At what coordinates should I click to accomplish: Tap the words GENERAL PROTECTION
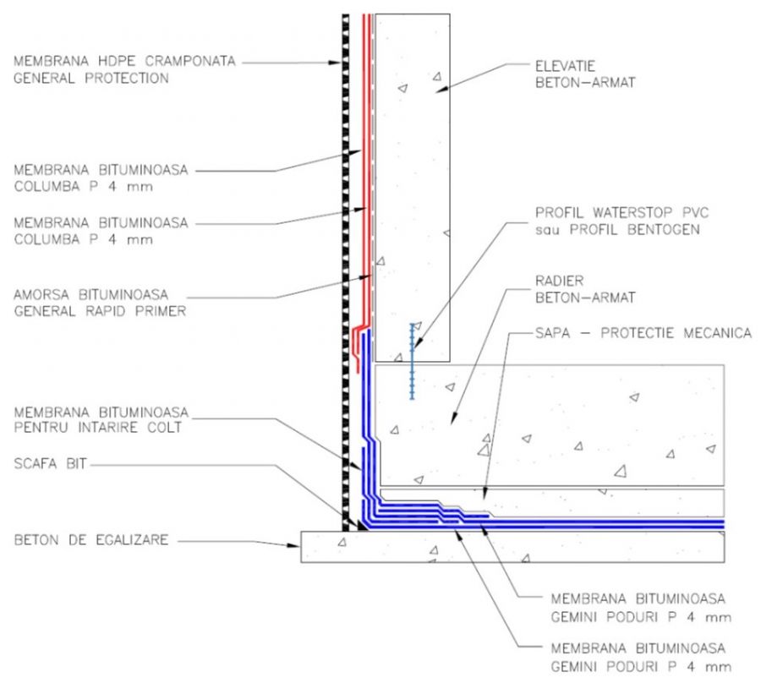91,79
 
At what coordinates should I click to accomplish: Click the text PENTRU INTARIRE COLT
99,428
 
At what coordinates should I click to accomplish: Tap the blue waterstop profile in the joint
413,360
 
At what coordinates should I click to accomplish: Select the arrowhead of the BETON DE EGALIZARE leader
299,546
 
